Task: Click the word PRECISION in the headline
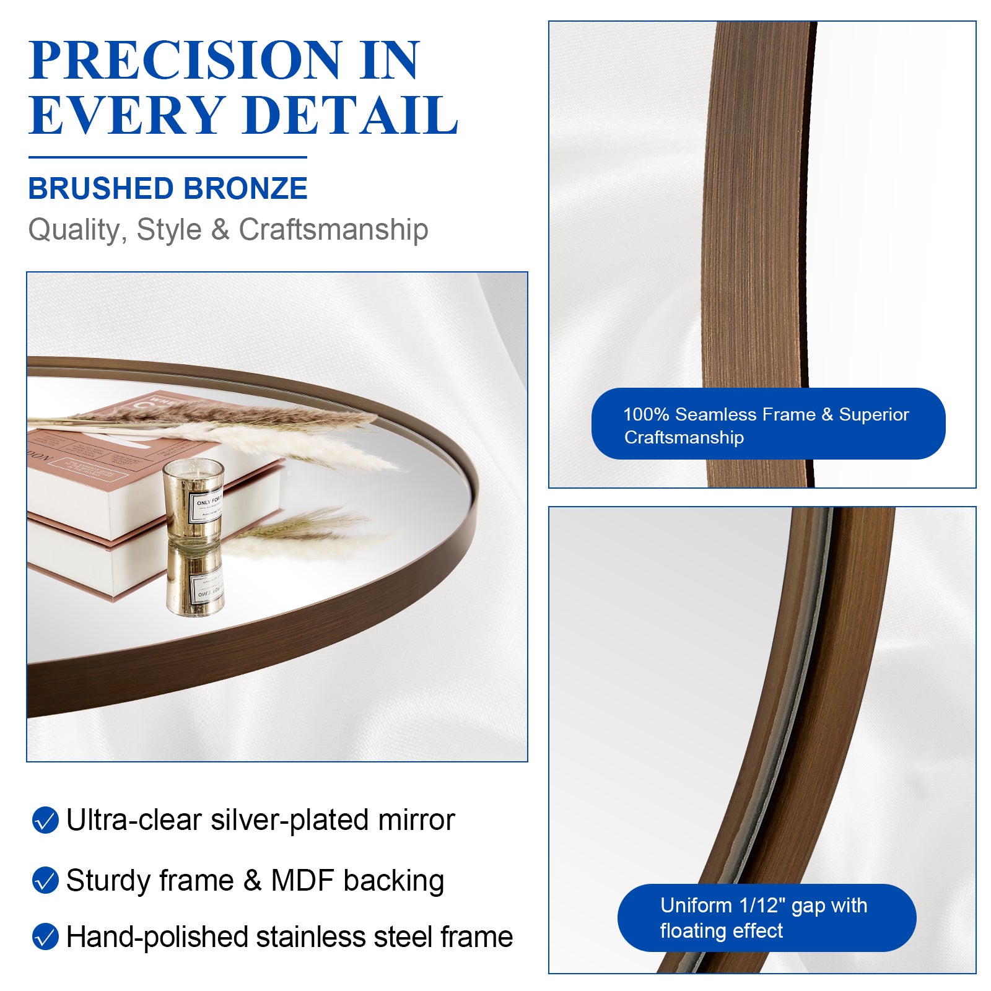185,60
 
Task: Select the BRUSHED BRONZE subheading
168,188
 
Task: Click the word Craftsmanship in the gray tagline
333,230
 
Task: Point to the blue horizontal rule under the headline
168,157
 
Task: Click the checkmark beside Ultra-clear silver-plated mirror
45,820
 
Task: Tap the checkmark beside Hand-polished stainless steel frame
45,936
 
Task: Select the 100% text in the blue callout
645,414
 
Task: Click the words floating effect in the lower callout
721,931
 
